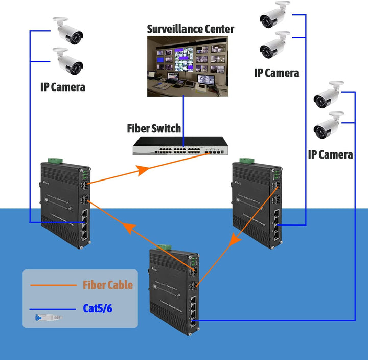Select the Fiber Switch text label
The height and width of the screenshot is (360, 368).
(153, 128)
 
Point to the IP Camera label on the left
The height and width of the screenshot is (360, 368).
(62, 87)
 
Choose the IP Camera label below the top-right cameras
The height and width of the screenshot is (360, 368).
(277, 73)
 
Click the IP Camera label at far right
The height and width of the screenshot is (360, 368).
(330, 154)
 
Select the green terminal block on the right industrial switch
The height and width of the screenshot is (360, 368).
(245, 160)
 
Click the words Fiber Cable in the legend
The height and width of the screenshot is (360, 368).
(107, 285)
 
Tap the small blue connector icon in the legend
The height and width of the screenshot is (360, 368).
(46, 318)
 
